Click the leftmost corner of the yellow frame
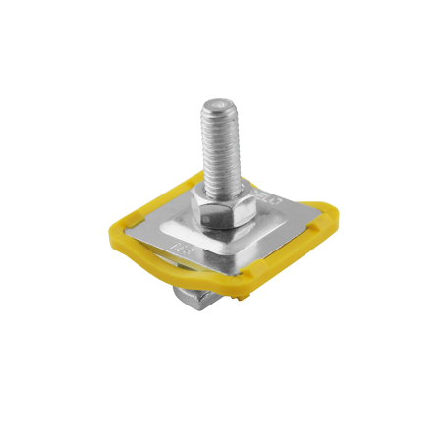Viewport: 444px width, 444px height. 107,232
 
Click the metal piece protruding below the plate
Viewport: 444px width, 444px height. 194,296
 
